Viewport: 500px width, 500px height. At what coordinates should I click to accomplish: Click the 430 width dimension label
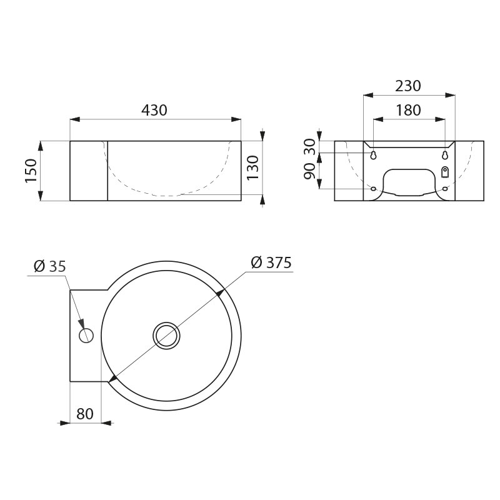click(154, 110)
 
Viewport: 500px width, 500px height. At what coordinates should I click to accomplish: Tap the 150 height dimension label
click(31, 171)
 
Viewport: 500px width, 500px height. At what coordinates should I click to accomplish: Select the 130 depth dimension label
click(253, 168)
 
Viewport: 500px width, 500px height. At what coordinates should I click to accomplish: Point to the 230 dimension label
click(408, 86)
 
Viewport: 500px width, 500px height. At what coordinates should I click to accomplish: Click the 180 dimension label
click(409, 111)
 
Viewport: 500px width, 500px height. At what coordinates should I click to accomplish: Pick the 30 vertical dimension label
click(309, 147)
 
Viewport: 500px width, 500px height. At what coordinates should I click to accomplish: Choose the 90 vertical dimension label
click(309, 171)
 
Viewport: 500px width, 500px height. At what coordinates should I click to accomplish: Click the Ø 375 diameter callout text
click(271, 262)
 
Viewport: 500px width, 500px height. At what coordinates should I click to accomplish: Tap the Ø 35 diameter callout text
click(49, 266)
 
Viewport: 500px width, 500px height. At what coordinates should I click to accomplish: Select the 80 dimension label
click(85, 414)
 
